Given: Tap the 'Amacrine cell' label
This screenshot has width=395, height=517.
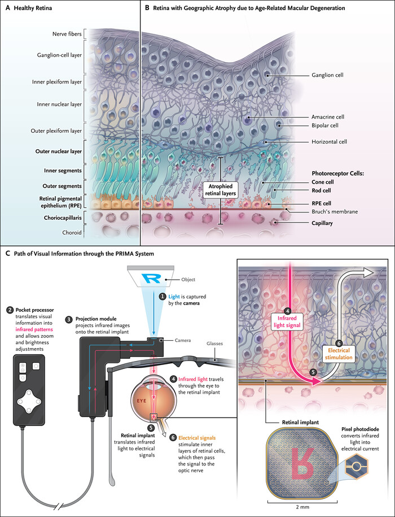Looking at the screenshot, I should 327,117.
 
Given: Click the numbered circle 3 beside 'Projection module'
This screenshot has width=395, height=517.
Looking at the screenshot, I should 69,319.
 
